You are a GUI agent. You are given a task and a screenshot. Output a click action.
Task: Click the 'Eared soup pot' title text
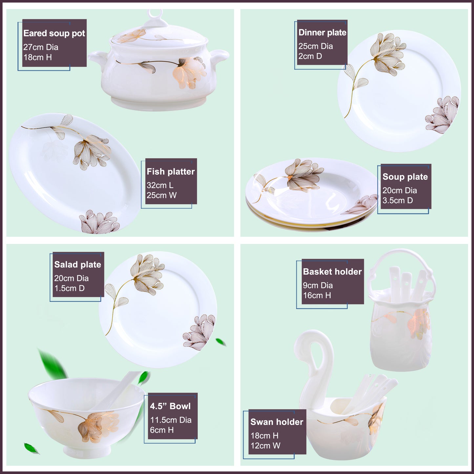pyautogui.click(x=54, y=33)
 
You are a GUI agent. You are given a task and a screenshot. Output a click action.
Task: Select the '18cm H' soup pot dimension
pyautogui.click(x=37, y=57)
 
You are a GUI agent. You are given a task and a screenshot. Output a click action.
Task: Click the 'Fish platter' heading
pyautogui.click(x=171, y=172)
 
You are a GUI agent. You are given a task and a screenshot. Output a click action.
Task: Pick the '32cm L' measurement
pyautogui.click(x=160, y=185)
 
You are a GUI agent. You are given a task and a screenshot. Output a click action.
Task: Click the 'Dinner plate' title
pyautogui.click(x=322, y=32)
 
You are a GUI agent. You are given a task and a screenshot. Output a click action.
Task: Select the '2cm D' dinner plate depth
pyautogui.click(x=310, y=56)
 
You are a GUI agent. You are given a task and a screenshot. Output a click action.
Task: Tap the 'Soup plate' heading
pyautogui.click(x=405, y=177)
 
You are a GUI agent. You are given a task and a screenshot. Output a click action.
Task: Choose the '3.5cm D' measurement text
pyautogui.click(x=398, y=200)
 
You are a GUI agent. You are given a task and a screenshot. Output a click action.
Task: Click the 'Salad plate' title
pyautogui.click(x=77, y=265)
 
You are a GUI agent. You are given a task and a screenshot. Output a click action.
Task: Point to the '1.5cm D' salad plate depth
pyautogui.click(x=69, y=288)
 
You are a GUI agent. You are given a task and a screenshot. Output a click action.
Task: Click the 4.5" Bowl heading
pyautogui.click(x=170, y=406)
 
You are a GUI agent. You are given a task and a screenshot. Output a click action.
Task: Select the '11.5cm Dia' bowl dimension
pyautogui.click(x=171, y=420)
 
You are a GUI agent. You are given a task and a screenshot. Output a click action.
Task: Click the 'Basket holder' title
pyautogui.click(x=332, y=272)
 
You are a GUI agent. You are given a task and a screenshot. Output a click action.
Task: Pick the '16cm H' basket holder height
pyautogui.click(x=317, y=296)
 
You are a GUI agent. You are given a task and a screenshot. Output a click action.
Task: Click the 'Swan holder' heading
pyautogui.click(x=277, y=422)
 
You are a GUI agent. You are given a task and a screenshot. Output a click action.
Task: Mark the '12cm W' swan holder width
pyautogui.click(x=265, y=446)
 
